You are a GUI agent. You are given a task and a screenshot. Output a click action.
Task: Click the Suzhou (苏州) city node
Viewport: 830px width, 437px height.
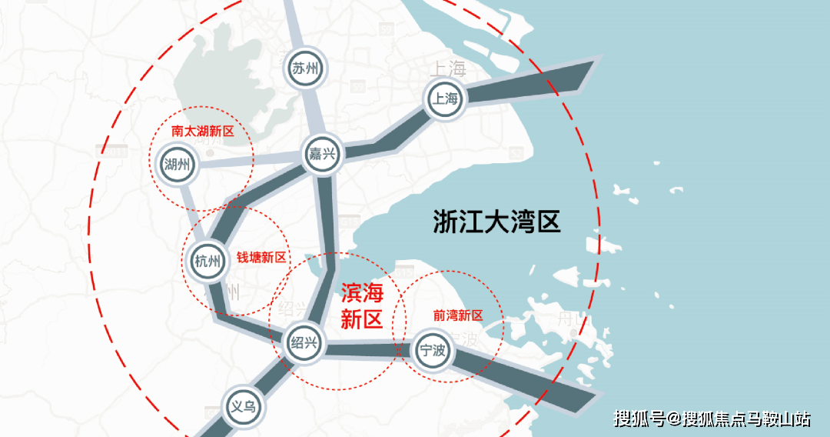(305, 68)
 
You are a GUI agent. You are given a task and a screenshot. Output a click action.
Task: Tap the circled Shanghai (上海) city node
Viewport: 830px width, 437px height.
(446, 98)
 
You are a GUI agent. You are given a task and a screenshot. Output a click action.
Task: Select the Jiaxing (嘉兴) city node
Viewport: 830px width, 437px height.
(323, 154)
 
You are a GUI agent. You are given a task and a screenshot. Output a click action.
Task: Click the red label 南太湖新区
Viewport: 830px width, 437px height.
(202, 132)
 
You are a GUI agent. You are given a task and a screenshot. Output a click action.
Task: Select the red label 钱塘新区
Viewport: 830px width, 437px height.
(261, 258)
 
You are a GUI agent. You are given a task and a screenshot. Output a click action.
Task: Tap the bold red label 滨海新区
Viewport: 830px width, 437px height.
(361, 306)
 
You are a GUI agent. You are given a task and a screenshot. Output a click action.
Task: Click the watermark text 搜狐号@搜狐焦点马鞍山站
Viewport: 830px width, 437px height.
(712, 419)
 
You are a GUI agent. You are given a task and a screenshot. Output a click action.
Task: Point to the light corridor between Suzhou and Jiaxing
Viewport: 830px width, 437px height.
(314, 112)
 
